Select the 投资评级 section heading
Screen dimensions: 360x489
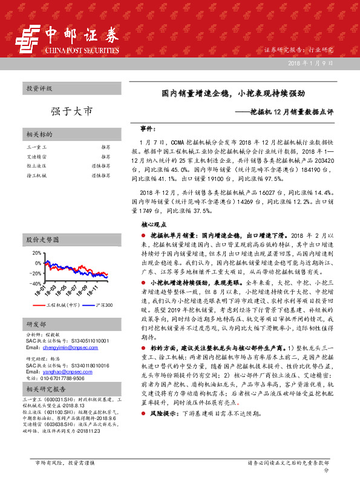coord(39,88)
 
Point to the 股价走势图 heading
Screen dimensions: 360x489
coord(42,240)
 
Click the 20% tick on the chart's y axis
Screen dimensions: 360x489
coord(36,252)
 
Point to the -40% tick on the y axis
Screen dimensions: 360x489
coord(35,283)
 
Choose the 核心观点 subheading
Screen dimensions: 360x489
coord(153,224)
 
